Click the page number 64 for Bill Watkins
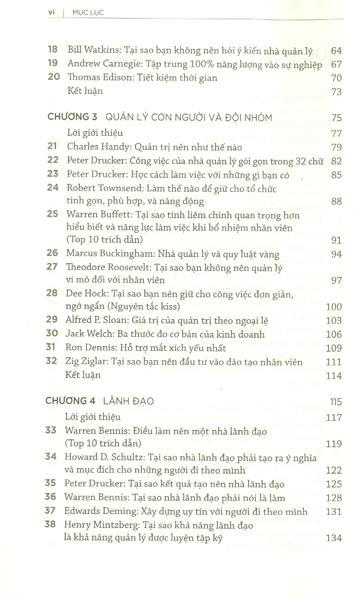tap(336, 51)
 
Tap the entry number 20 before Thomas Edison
tap(53, 78)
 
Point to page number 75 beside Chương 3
tap(336, 118)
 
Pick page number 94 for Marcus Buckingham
tap(336, 254)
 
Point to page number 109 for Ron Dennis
tap(334, 348)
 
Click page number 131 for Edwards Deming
tap(334, 511)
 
